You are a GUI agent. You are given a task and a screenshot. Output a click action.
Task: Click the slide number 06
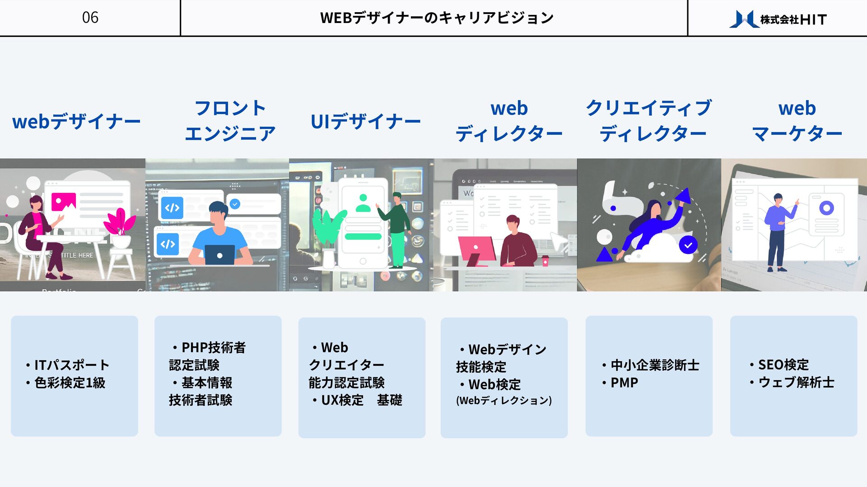[90, 18]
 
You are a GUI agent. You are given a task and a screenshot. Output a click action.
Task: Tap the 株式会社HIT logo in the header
[778, 19]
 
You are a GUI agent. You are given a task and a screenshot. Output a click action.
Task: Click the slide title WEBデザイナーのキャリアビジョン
[436, 18]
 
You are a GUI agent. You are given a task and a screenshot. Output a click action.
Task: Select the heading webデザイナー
[76, 121]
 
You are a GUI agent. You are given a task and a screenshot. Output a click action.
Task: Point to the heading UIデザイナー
[365, 121]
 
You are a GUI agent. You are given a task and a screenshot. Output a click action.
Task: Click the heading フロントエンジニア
[230, 121]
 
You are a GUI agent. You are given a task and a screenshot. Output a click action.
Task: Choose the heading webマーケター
[797, 121]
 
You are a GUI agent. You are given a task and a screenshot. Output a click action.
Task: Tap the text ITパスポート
[71, 365]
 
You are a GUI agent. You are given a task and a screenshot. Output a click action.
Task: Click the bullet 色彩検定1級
[70, 383]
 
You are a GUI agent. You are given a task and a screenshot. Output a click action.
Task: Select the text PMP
[624, 383]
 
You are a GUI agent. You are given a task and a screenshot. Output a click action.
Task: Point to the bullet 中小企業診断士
[654, 365]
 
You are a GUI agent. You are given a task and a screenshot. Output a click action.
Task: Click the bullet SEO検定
[783, 364]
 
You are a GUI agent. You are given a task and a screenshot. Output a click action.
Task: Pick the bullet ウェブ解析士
[796, 382]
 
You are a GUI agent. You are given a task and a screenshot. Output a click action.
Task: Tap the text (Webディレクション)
[503, 400]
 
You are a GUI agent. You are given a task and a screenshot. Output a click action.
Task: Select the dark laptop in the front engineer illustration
[219, 255]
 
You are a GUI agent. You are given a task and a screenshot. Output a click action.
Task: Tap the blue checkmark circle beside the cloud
[688, 245]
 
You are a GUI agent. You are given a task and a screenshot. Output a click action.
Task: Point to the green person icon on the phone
[363, 203]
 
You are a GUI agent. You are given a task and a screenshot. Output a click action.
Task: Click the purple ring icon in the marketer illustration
[826, 208]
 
